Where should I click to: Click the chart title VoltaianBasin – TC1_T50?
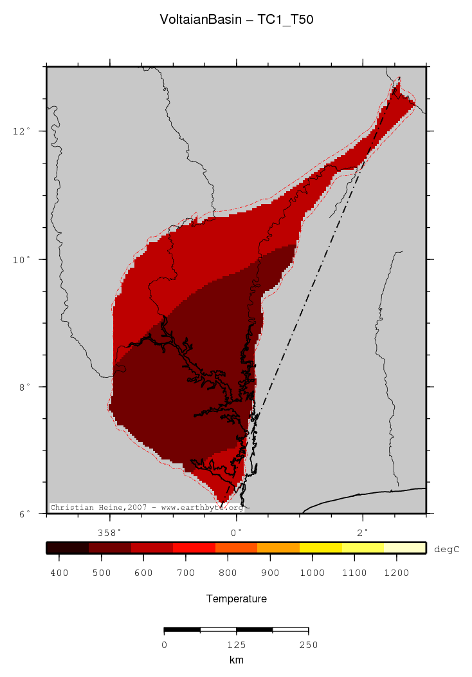pyautogui.click(x=236, y=21)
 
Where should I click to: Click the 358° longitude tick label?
pyautogui.click(x=109, y=532)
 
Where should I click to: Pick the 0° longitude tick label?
pyautogui.click(x=236, y=532)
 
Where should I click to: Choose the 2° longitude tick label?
pyautogui.click(x=363, y=532)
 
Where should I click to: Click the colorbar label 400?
pyautogui.click(x=59, y=572)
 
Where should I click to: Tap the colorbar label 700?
pyautogui.click(x=186, y=572)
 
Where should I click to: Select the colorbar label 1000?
pyautogui.click(x=312, y=572)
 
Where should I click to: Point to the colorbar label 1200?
pyautogui.click(x=396, y=572)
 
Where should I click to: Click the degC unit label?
pyautogui.click(x=448, y=549)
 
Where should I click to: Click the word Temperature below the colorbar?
pyautogui.click(x=236, y=599)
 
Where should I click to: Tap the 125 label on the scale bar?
pyautogui.click(x=236, y=645)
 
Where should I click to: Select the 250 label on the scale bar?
pyautogui.click(x=308, y=645)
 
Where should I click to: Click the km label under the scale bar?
pyautogui.click(x=236, y=660)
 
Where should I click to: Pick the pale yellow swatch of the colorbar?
pyautogui.click(x=405, y=548)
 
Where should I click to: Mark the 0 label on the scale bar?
pyautogui.click(x=164, y=645)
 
